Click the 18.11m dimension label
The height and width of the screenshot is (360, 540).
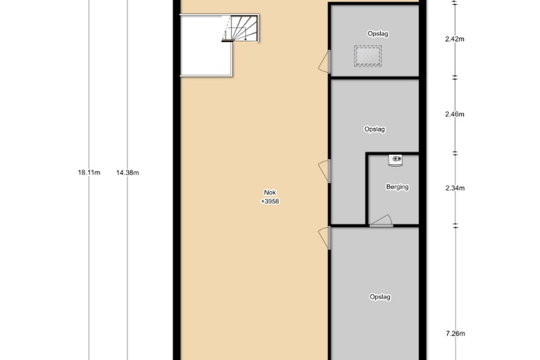89,172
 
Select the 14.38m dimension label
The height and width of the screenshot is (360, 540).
127,172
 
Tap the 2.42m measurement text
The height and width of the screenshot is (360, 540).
455,39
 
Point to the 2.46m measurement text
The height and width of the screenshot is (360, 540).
455,114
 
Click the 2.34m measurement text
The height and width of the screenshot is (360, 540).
455,188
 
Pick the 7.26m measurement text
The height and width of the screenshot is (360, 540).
456,334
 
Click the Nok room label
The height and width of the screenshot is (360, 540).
270,192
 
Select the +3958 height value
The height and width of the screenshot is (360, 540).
270,201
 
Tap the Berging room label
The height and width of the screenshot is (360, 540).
397,187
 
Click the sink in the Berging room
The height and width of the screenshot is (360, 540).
396,160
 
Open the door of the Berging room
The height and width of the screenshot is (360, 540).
381,221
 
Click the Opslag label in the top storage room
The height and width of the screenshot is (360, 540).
378,34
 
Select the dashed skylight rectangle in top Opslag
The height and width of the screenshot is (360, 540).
368,55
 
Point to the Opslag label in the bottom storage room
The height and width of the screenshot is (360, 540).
380,297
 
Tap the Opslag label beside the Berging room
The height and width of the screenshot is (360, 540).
375,129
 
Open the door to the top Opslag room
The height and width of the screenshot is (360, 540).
325,62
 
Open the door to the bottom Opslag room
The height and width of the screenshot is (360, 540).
325,238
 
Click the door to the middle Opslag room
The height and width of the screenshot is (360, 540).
325,171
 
